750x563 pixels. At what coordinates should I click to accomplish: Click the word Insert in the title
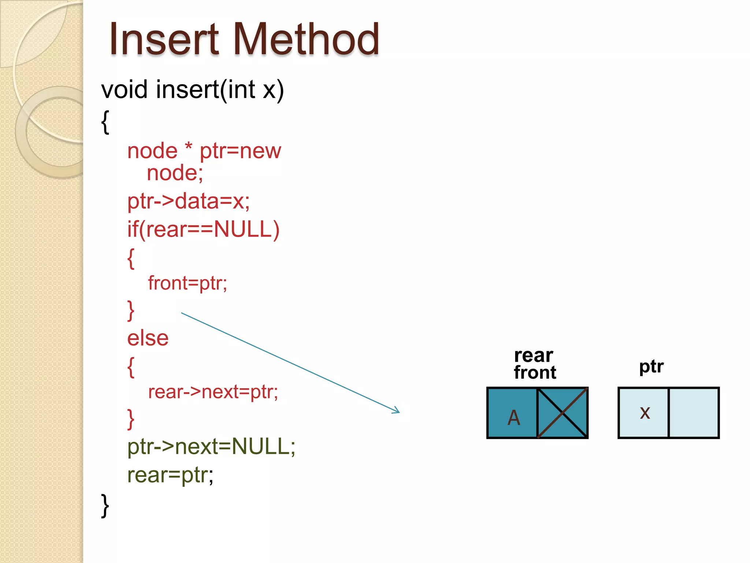[x=164, y=40]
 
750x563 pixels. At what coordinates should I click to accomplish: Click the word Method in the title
[x=306, y=40]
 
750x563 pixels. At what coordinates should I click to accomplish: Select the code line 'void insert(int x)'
[x=193, y=90]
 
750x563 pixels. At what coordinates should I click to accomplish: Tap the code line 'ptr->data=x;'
[x=188, y=202]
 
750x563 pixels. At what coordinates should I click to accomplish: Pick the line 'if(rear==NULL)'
[x=203, y=230]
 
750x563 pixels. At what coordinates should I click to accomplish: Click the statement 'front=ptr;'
[x=187, y=283]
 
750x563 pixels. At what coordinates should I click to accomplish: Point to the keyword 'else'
[x=148, y=338]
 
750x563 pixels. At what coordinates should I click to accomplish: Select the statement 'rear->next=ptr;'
[x=213, y=392]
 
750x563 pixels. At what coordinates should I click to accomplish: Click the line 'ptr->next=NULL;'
[x=211, y=447]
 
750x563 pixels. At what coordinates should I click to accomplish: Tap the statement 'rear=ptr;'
[x=170, y=475]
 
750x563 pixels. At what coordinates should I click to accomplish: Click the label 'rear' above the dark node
[x=533, y=355]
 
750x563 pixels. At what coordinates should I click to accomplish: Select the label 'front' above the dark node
[x=535, y=373]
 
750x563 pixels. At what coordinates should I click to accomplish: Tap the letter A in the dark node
[x=513, y=417]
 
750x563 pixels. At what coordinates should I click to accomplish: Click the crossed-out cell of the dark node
[x=562, y=413]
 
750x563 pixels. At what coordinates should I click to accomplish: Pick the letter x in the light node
[x=645, y=413]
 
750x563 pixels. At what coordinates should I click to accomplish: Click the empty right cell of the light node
[x=694, y=413]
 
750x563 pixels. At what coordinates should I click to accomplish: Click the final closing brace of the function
[x=105, y=506]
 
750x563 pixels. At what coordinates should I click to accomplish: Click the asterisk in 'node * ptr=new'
[x=189, y=147]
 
